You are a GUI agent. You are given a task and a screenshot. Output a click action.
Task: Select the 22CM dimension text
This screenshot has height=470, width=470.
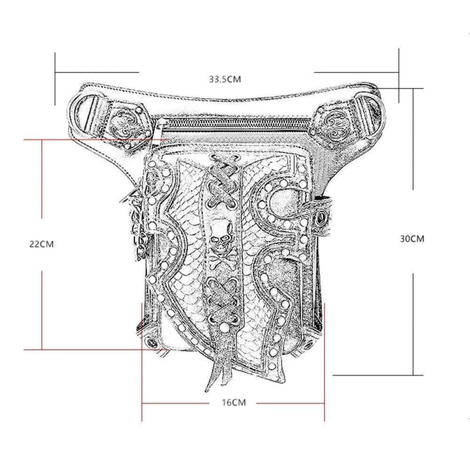tap(41, 244)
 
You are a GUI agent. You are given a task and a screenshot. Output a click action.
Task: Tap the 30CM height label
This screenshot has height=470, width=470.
tap(411, 239)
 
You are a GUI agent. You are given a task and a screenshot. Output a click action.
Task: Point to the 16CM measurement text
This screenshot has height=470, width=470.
tap(233, 402)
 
